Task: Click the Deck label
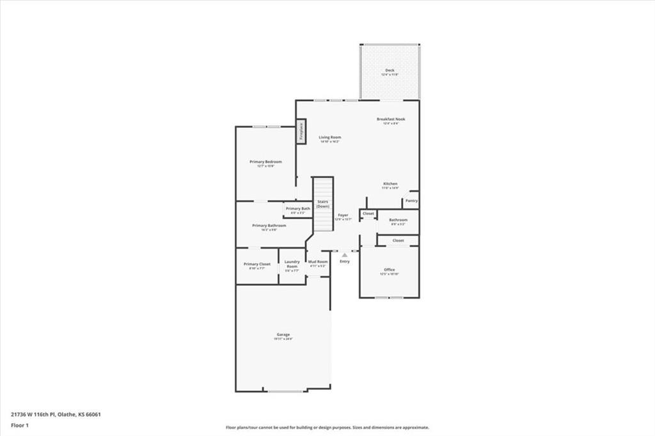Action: (390, 70)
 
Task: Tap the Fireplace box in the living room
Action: (301, 131)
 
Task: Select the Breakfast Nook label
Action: (390, 119)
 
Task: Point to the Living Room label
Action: (330, 137)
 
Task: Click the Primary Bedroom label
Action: (265, 162)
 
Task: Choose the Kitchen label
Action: (390, 184)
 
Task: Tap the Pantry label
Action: (411, 201)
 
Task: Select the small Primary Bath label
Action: (297, 209)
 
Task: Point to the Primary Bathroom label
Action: (269, 226)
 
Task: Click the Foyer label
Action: (343, 215)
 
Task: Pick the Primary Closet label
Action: (257, 264)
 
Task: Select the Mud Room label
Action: (318, 261)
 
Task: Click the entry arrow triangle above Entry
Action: (345, 254)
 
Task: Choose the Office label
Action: (389, 270)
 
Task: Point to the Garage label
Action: (283, 334)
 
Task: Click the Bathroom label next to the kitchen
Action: (398, 220)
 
